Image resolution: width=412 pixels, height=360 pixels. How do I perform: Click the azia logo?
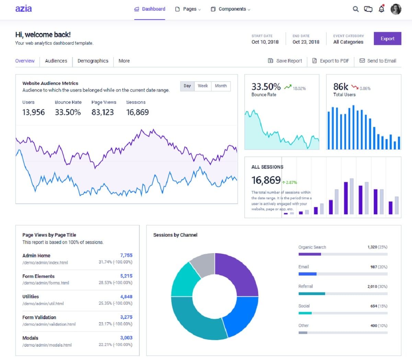tap(23, 9)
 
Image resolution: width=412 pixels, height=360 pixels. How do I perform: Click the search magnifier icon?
tap(356, 9)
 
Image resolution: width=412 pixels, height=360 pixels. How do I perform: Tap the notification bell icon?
tap(381, 9)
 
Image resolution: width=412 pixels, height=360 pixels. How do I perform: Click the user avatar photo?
tap(396, 9)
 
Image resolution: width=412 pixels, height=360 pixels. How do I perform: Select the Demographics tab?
tap(93, 61)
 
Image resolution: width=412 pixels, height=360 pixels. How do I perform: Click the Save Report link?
tap(285, 61)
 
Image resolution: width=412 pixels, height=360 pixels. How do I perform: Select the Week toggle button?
tap(203, 86)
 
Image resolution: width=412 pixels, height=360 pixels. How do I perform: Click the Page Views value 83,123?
tap(102, 112)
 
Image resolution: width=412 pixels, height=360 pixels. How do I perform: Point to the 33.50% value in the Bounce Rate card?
tap(266, 87)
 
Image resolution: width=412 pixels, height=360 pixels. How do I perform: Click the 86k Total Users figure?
tap(341, 87)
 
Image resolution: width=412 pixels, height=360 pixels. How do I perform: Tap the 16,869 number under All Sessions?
tap(266, 180)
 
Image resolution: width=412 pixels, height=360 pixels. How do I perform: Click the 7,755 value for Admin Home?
tap(126, 255)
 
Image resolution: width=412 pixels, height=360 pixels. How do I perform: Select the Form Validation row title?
tap(39, 317)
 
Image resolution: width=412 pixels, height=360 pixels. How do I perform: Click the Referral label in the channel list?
tap(306, 286)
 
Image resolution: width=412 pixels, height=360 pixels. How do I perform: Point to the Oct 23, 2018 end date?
tap(306, 42)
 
